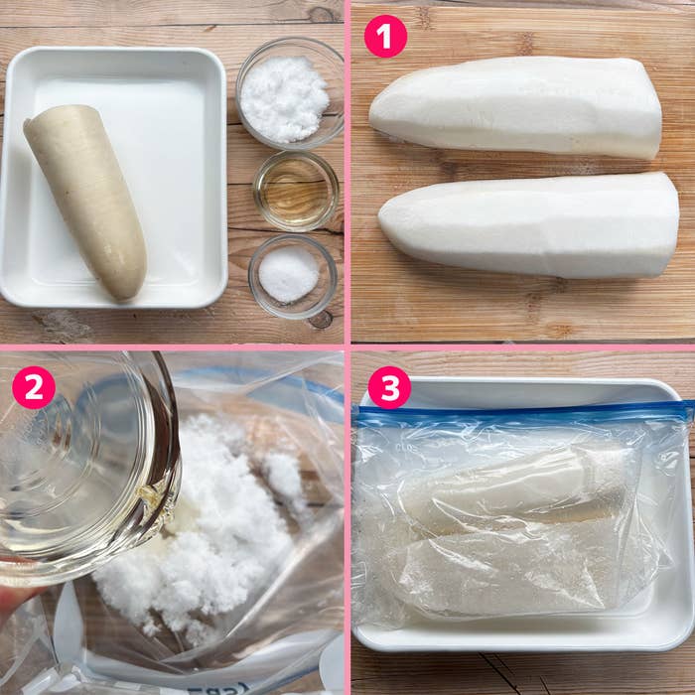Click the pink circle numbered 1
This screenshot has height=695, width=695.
point(385,36)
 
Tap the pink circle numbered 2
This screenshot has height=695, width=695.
point(34,387)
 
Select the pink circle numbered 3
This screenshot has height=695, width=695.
point(389,387)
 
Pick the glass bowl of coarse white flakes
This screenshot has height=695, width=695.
point(290,93)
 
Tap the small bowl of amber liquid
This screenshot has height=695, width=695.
point(296,192)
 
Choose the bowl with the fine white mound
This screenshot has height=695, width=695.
point(293,276)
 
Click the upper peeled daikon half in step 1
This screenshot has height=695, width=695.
point(515,107)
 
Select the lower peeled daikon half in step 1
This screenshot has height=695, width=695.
point(529,224)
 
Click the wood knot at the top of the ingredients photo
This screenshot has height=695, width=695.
point(320,15)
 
